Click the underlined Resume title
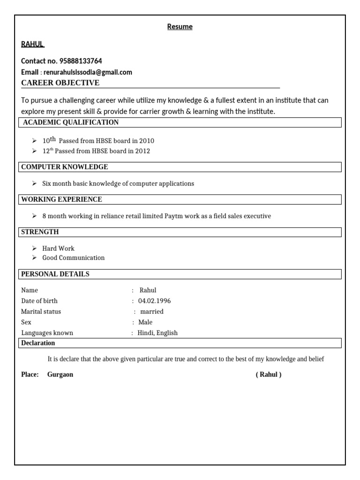180,27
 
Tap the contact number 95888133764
81,61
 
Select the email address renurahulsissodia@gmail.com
88,72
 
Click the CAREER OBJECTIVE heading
60,83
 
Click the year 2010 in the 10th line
146,141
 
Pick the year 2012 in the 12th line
142,151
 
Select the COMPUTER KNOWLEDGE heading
65,167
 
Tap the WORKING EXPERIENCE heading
61,199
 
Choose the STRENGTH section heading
40,232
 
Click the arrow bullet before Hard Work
34,248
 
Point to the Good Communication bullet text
74,258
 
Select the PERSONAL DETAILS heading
55,274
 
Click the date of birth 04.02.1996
154,301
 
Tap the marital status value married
152,311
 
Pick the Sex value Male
145,322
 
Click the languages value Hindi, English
157,333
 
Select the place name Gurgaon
60,375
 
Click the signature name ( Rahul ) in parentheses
269,375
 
